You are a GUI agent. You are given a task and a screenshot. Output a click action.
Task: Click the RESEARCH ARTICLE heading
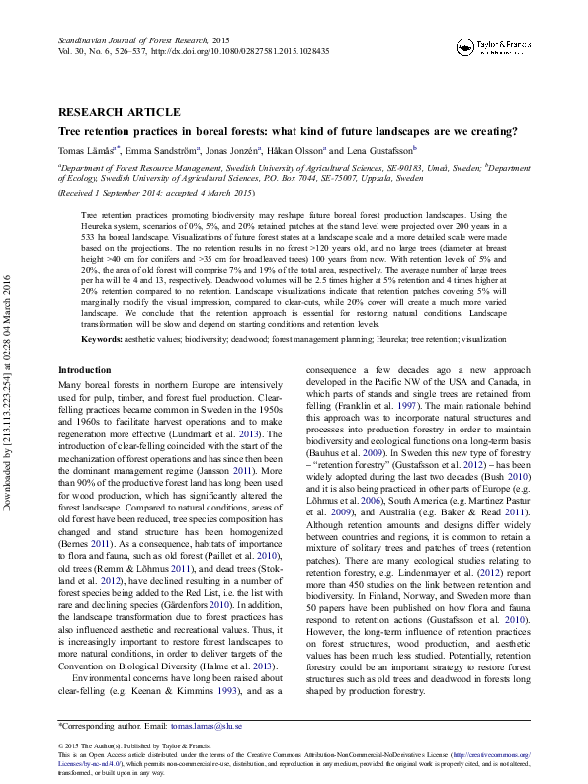pos(119,112)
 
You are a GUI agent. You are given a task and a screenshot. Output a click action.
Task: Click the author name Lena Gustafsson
pos(382,150)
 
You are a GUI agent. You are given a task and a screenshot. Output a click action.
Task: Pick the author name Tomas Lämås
pos(88,150)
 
